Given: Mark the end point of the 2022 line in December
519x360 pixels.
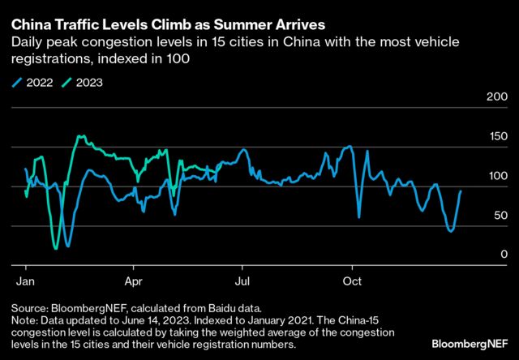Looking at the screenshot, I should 461,191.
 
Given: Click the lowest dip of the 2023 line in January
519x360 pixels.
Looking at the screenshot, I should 55,248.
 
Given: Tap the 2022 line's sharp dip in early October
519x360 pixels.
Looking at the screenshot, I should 359,216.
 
